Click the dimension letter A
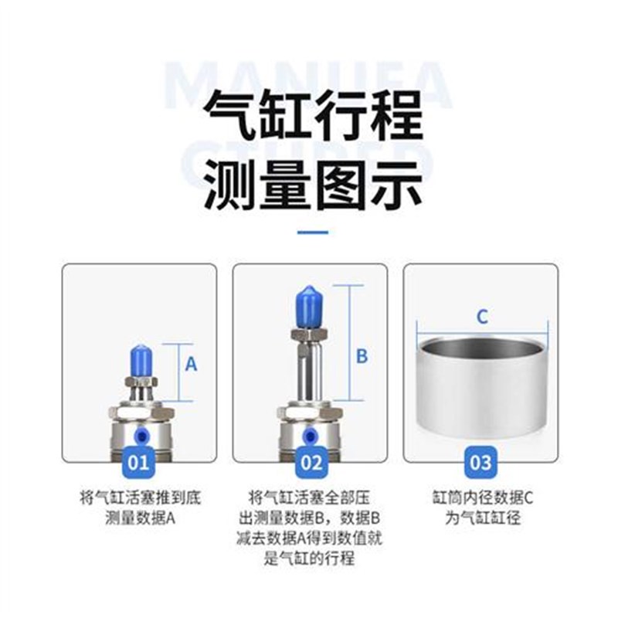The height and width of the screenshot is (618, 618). click(x=191, y=364)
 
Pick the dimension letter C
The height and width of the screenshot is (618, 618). click(x=481, y=316)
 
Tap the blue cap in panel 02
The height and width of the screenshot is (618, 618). click(x=310, y=304)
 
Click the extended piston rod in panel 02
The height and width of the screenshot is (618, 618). click(x=310, y=371)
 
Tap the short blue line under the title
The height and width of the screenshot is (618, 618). click(x=312, y=232)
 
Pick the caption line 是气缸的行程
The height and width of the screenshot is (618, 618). click(x=310, y=558)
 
